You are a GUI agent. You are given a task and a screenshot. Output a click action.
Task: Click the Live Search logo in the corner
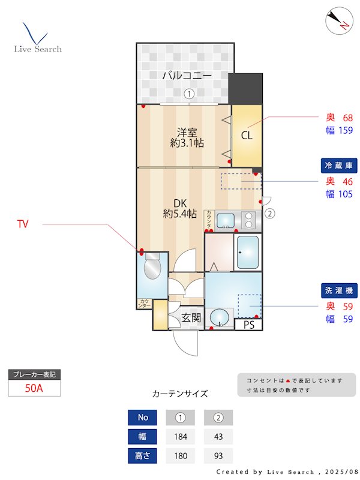pyautogui.click(x=37, y=38)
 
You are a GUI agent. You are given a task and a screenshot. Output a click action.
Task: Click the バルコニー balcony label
pyautogui.click(x=187, y=76)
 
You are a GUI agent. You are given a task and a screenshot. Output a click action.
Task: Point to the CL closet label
pyautogui.click(x=247, y=135)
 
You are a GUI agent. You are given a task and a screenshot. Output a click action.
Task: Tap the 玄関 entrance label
pyautogui.click(x=191, y=317)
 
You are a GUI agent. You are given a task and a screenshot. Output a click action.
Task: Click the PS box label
pyautogui.click(x=248, y=325)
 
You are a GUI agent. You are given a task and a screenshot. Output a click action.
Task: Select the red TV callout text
pyautogui.click(x=23, y=225)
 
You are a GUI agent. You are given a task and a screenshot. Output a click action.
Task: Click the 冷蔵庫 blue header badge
pyautogui.click(x=339, y=166)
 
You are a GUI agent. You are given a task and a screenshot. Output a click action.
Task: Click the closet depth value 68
pyautogui.click(x=347, y=118)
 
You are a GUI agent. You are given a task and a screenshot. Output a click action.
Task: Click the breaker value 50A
pyautogui.click(x=34, y=388)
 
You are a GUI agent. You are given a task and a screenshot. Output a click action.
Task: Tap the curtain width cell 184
pyautogui.click(x=179, y=436)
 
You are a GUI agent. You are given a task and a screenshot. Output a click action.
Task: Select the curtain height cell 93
pyautogui.click(x=218, y=456)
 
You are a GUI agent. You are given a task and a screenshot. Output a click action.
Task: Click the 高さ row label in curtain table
pyautogui.click(x=143, y=456)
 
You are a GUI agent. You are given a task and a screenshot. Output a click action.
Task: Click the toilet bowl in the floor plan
pyautogui.click(x=152, y=268)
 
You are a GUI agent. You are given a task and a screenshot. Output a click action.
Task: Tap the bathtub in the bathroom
pyautogui.click(x=247, y=252)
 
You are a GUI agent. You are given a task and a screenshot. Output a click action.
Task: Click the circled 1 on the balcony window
pyautogui.click(x=188, y=94)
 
